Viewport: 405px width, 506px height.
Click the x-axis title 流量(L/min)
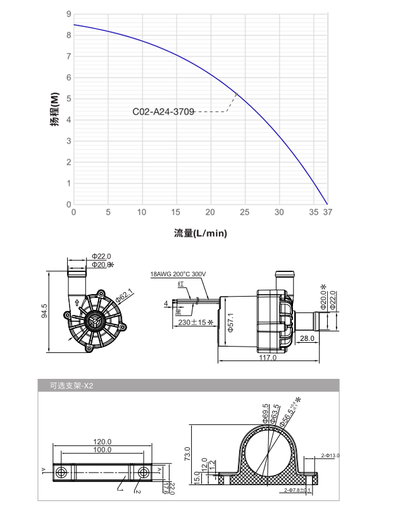[200, 233]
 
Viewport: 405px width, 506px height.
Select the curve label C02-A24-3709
[163, 112]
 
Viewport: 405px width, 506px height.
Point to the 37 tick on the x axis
[327, 213]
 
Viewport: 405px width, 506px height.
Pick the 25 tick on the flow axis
[245, 213]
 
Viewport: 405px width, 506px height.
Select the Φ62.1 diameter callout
[123, 295]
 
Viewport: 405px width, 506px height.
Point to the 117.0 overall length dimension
[268, 358]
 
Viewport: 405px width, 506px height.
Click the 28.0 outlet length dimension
[308, 339]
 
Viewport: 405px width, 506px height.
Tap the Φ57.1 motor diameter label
[231, 322]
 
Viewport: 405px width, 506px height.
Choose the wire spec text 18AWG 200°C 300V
[178, 275]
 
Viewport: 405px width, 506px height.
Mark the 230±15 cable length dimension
[193, 323]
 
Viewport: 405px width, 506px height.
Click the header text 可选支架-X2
[71, 385]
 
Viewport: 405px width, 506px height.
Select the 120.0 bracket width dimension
[102, 441]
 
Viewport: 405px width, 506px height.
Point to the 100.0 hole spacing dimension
[102, 450]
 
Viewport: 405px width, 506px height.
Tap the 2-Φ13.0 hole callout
[330, 455]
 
